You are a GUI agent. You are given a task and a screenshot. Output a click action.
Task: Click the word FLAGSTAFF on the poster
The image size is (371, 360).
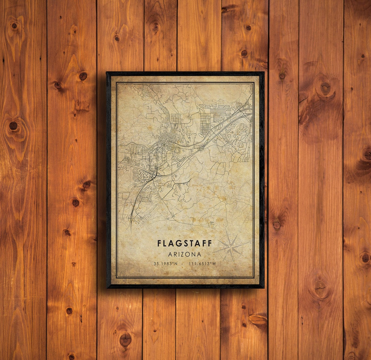tap(185, 243)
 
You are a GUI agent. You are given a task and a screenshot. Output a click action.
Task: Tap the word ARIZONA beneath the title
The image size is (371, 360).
tap(185, 254)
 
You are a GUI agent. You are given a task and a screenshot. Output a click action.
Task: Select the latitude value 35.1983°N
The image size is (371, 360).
tap(166, 264)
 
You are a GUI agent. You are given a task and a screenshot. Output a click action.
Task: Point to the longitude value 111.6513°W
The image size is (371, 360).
tap(202, 264)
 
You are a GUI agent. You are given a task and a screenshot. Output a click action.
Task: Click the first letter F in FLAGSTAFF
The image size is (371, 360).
tap(159, 243)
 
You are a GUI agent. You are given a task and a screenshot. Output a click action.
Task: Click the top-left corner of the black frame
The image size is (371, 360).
tap(107, 73)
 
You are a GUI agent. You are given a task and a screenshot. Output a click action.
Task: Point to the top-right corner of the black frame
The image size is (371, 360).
tap(264, 73)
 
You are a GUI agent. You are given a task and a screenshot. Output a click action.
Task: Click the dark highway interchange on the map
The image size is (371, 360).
tap(155, 174)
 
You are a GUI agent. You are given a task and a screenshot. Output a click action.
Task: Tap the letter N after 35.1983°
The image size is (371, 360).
tap(176, 264)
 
